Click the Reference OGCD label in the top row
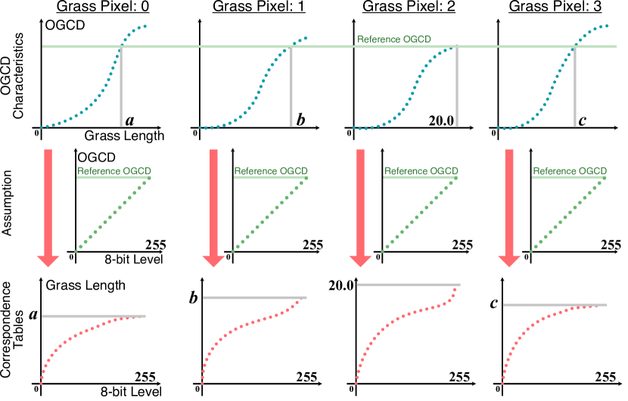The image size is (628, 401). [393, 39]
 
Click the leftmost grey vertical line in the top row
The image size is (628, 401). [121, 87]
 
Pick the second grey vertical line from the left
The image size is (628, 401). [291, 87]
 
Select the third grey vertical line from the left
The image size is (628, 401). [456, 87]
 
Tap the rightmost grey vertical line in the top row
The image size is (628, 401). [575, 87]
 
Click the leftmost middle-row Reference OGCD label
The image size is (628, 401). [114, 171]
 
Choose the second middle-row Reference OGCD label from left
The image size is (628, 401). [271, 171]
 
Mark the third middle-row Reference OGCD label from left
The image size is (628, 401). [421, 171]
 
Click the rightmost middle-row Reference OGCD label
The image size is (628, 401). [570, 171]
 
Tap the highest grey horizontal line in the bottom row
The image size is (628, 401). [409, 284]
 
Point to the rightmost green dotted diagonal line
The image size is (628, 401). [567, 216]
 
